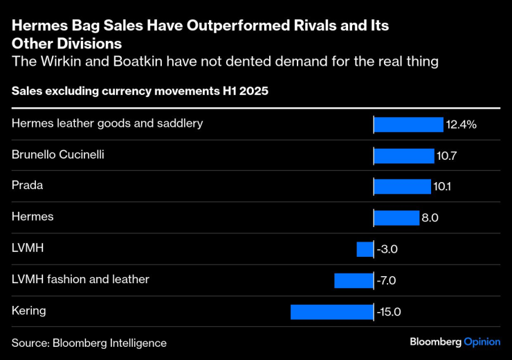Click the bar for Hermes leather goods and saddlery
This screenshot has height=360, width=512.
click(x=408, y=125)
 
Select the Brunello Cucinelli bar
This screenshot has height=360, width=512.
click(x=404, y=156)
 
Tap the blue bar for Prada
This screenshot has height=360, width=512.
click(x=402, y=187)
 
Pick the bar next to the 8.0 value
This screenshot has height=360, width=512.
click(x=396, y=218)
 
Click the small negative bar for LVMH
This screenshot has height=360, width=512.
click(x=365, y=249)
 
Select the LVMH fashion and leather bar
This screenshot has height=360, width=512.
click(x=354, y=280)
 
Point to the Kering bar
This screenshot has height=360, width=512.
click(x=331, y=312)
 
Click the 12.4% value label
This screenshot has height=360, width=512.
click(x=461, y=125)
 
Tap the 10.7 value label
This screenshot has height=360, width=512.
click(x=446, y=156)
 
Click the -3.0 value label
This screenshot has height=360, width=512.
click(x=386, y=249)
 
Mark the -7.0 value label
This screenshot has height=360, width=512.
click(x=386, y=280)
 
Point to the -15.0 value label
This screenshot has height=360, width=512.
click(x=389, y=312)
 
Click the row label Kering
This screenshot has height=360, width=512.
click(x=29, y=311)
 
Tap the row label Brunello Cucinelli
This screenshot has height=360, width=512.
click(x=58, y=154)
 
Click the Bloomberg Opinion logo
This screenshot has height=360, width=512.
click(x=455, y=342)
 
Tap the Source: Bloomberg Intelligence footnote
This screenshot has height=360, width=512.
click(x=89, y=343)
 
